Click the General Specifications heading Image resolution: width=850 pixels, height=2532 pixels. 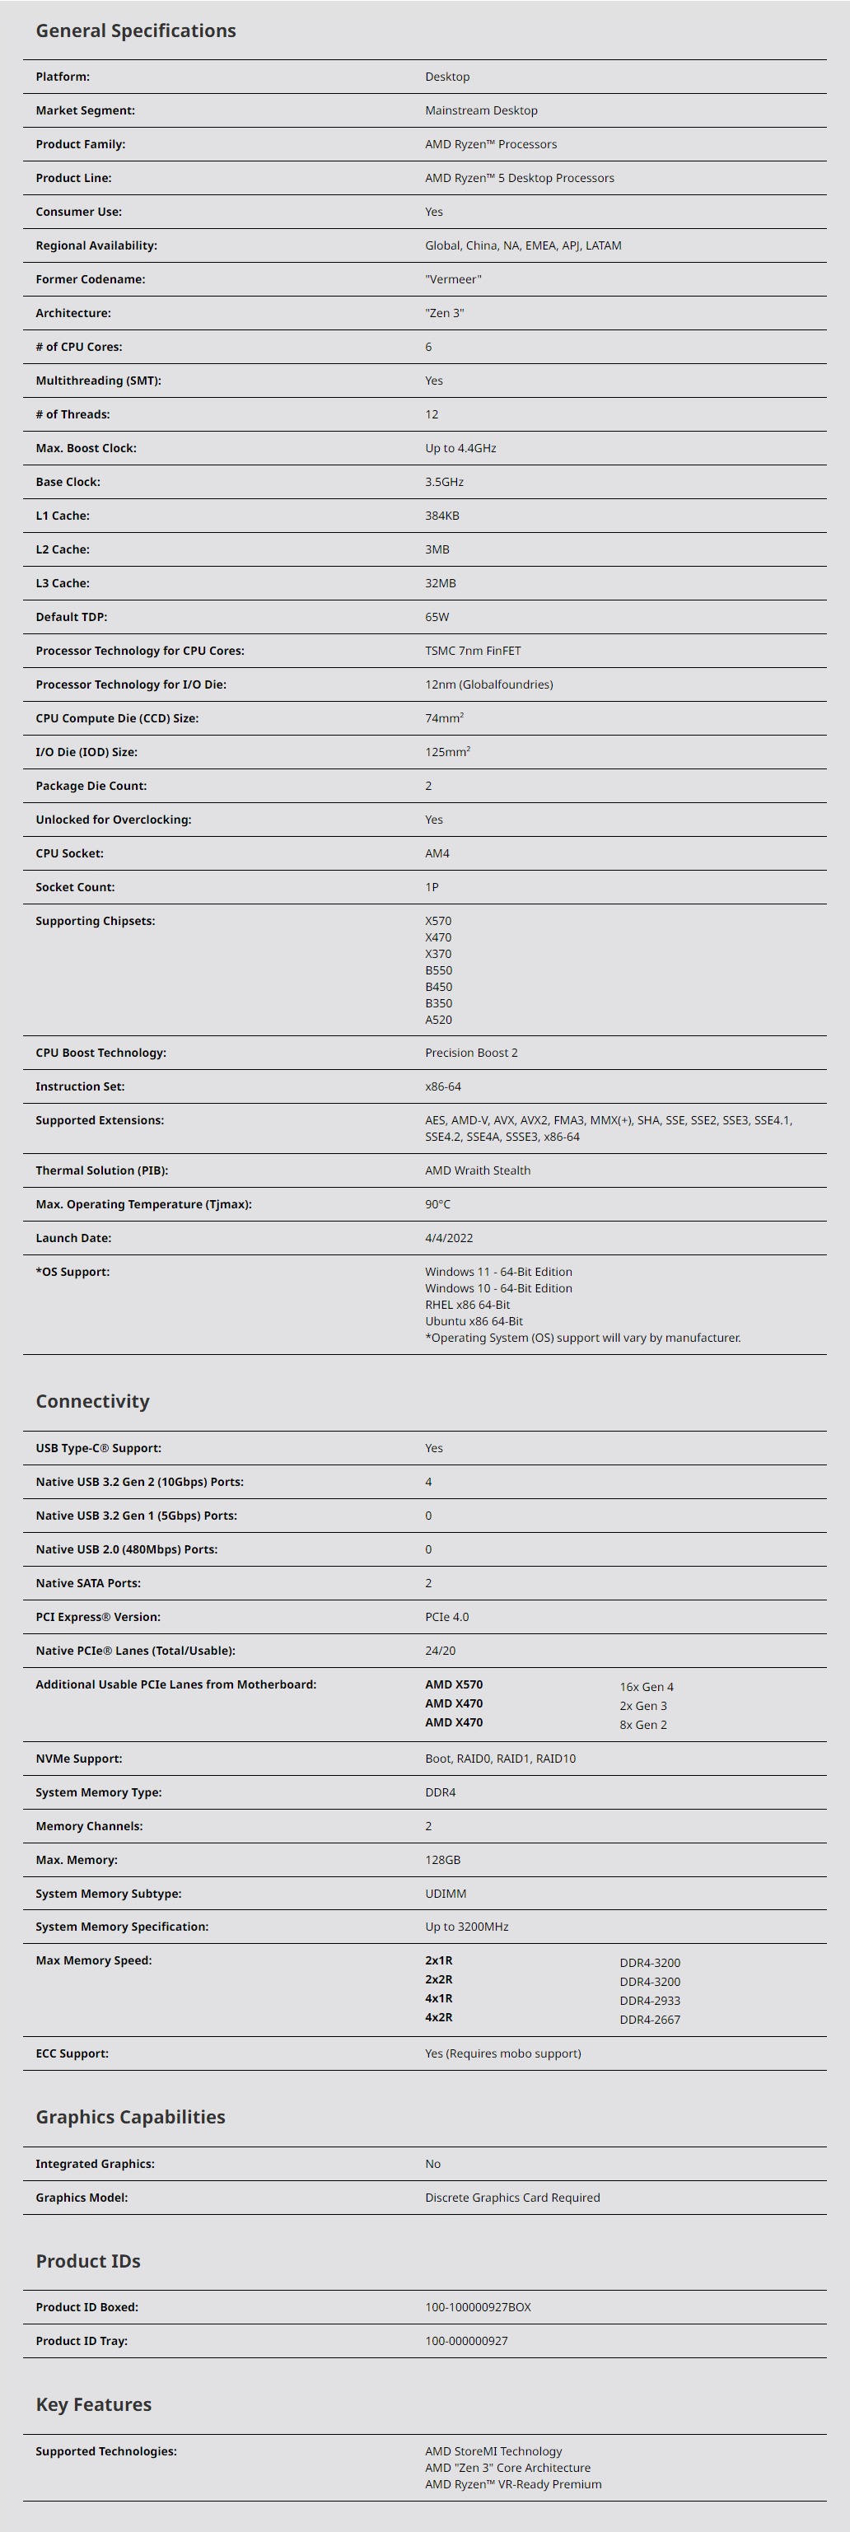coord(136,30)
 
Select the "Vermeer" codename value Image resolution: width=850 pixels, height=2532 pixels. coord(453,279)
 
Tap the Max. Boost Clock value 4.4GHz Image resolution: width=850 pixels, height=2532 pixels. coord(461,448)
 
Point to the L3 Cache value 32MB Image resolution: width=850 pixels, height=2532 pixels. coord(440,583)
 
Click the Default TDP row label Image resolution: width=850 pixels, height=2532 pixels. coord(72,617)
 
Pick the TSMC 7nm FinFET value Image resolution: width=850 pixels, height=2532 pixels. coord(473,651)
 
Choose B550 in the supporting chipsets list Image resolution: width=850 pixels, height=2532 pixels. coord(438,970)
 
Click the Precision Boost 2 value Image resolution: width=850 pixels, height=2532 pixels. coord(470,1053)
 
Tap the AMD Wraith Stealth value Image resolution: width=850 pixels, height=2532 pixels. coord(478,1170)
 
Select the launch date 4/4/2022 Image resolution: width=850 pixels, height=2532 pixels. coord(449,1239)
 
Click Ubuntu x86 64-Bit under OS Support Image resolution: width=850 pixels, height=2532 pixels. coord(474,1321)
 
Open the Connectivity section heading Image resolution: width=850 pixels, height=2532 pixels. coord(92,1402)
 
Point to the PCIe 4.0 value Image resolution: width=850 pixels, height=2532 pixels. coord(447,1617)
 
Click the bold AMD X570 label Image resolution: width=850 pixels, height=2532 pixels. coord(454,1684)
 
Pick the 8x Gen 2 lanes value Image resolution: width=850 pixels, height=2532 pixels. coord(642,1725)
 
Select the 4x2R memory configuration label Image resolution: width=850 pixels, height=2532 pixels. coord(438,2017)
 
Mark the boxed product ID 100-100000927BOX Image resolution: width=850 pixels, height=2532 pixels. coord(478,2307)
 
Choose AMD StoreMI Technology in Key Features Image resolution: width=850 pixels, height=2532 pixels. coord(493,2451)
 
